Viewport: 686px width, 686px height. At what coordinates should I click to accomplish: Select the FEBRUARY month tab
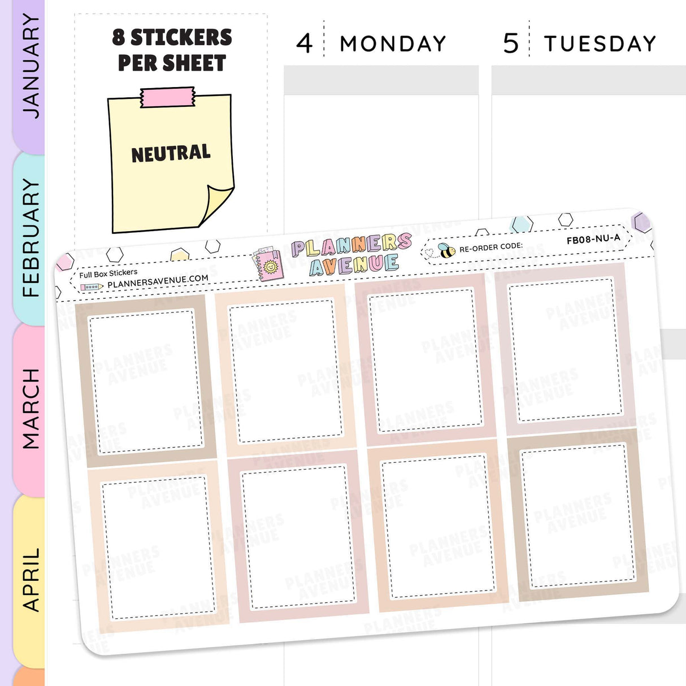click(x=29, y=237)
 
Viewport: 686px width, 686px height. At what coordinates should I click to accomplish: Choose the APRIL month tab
click(x=29, y=579)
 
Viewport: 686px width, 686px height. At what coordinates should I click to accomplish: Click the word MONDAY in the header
click(x=393, y=44)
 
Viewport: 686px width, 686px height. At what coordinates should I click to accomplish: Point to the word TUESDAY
click(x=600, y=44)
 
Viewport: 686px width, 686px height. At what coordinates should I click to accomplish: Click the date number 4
click(x=304, y=44)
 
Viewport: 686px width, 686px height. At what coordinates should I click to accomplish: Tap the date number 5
click(x=510, y=44)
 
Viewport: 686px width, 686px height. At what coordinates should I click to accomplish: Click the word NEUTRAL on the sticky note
click(x=171, y=153)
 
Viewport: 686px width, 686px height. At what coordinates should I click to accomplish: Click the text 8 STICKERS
click(x=172, y=37)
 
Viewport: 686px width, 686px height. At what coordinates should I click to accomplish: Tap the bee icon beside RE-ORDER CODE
click(x=446, y=250)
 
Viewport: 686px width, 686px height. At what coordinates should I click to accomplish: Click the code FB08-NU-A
click(x=593, y=239)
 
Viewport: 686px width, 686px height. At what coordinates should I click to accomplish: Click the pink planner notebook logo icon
click(x=268, y=264)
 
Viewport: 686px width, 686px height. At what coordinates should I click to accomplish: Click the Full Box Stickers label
click(x=108, y=273)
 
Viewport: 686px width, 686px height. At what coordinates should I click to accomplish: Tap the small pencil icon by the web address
click(x=91, y=287)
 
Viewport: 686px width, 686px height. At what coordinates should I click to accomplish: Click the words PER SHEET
click(x=172, y=63)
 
